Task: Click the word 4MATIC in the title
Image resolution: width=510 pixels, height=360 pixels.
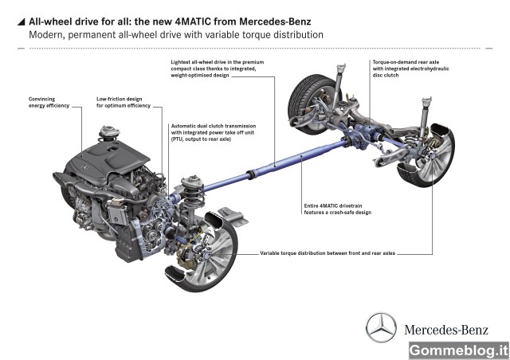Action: click(x=193, y=22)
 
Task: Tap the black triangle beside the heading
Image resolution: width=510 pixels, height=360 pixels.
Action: click(x=22, y=22)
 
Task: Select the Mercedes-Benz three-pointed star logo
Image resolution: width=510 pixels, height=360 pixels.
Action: click(x=381, y=328)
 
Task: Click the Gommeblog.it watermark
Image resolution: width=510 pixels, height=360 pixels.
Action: click(x=459, y=350)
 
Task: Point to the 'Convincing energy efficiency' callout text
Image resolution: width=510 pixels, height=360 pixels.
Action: click(x=49, y=102)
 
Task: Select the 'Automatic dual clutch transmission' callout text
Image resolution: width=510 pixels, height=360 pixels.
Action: click(x=214, y=132)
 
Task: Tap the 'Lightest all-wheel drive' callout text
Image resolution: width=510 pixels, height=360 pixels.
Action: click(x=218, y=68)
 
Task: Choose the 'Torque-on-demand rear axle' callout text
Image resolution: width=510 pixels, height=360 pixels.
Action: click(x=411, y=68)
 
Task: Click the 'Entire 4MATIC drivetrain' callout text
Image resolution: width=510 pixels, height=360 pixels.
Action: click(x=338, y=209)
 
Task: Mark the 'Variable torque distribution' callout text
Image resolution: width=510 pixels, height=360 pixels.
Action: click(x=328, y=253)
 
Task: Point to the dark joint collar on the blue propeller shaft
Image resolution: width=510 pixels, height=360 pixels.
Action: click(x=250, y=175)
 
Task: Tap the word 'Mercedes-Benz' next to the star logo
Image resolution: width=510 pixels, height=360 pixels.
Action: click(x=446, y=330)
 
